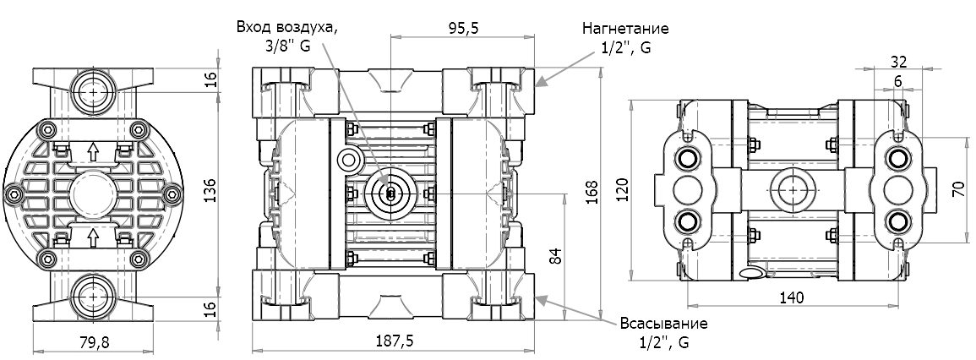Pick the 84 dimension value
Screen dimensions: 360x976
click(x=555, y=257)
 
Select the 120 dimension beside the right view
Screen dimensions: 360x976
click(x=623, y=191)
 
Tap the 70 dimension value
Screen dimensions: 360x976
click(x=958, y=187)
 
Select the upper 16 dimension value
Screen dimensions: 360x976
click(x=211, y=79)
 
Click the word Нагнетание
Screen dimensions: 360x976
click(x=624, y=28)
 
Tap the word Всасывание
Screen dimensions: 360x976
click(x=663, y=324)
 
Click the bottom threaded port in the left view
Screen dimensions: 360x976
click(x=93, y=298)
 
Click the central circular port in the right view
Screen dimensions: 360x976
click(x=793, y=191)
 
